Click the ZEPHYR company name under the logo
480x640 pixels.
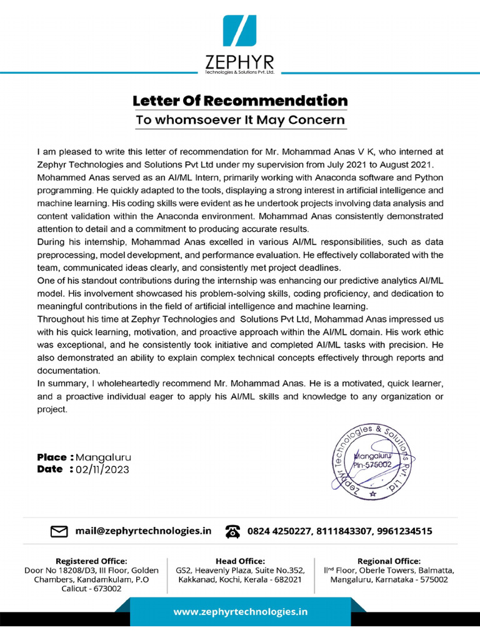click(239, 62)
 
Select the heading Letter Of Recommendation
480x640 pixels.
click(239, 101)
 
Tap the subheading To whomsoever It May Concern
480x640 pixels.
click(240, 120)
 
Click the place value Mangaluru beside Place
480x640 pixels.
click(104, 457)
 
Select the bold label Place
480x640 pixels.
click(52, 457)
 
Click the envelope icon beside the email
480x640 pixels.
click(59, 531)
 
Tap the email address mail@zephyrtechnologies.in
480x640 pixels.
click(143, 531)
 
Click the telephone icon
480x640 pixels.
click(233, 531)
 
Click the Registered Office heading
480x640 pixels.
click(91, 561)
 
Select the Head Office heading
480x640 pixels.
click(240, 561)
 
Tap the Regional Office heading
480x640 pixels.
click(389, 561)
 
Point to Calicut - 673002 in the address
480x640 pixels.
click(91, 589)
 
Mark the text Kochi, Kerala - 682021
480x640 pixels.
click(262, 579)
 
